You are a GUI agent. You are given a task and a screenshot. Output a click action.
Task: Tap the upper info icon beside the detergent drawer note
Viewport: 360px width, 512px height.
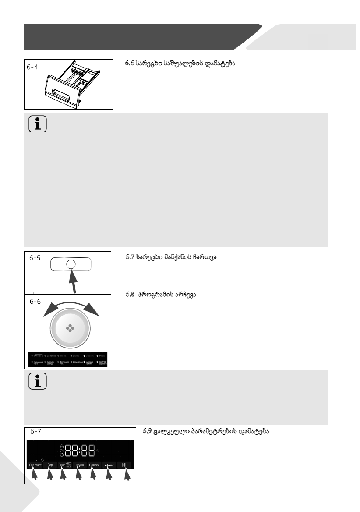[38, 124]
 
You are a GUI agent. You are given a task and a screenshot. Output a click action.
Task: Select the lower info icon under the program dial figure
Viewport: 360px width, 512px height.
[38, 381]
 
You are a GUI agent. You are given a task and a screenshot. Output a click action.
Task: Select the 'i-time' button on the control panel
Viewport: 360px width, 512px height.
[109, 465]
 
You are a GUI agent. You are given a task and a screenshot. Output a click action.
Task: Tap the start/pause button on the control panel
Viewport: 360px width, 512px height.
[124, 465]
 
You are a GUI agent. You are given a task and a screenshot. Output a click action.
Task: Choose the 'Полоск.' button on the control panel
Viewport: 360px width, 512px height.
[95, 465]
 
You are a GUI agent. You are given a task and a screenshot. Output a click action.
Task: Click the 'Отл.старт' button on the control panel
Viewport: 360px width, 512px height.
[35, 465]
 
